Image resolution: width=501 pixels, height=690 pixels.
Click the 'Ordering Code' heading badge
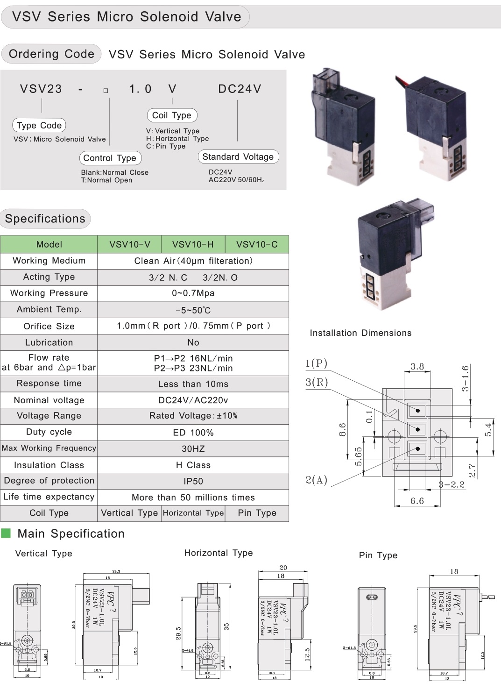pyautogui.click(x=51, y=54)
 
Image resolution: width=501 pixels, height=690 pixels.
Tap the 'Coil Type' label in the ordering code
pyautogui.click(x=172, y=115)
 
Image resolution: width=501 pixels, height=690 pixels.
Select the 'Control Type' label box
pyautogui.click(x=110, y=158)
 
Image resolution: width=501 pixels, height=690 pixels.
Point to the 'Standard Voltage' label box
pyautogui.click(x=238, y=157)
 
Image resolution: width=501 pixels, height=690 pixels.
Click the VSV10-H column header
pyautogui.click(x=193, y=244)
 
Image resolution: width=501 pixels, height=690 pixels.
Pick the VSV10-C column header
pyautogui.click(x=257, y=244)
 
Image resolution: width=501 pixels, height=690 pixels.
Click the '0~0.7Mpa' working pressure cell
pyautogui.click(x=193, y=293)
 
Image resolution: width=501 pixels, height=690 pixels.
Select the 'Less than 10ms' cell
pyautogui.click(x=193, y=384)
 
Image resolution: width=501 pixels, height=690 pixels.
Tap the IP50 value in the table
pyautogui.click(x=193, y=481)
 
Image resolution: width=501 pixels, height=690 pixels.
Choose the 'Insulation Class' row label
pyautogui.click(x=49, y=465)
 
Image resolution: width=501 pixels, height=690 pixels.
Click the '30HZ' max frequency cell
pyautogui.click(x=193, y=449)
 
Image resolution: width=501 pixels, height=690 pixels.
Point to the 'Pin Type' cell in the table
pyautogui.click(x=257, y=513)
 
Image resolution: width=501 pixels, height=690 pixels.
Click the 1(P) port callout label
pyautogui.click(x=317, y=363)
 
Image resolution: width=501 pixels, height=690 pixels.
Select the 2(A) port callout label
pyautogui.click(x=317, y=480)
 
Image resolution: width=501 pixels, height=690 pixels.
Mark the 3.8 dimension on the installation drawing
pyautogui.click(x=417, y=367)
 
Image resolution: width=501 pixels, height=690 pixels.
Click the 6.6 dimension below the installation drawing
pyautogui.click(x=417, y=501)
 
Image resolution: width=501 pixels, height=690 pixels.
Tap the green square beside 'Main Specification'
pyautogui.click(x=6, y=534)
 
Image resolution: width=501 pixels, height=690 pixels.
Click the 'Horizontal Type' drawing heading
pyautogui.click(x=219, y=553)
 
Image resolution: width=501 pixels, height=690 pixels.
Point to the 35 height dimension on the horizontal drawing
pyautogui.click(x=227, y=626)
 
